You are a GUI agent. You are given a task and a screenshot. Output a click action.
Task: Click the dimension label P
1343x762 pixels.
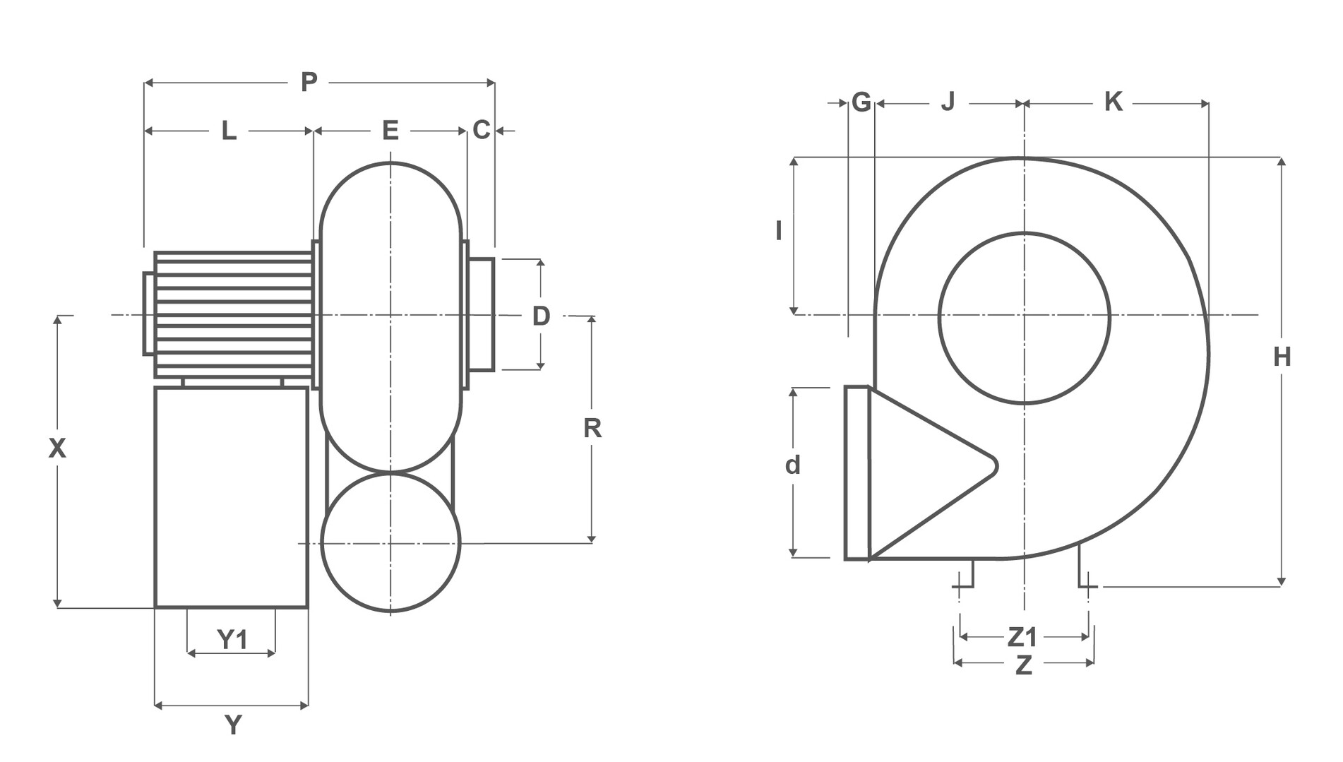tap(309, 83)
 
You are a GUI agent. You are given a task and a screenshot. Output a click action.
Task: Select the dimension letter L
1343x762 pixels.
tap(229, 131)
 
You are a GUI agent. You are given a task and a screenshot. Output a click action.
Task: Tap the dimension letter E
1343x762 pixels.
tap(390, 131)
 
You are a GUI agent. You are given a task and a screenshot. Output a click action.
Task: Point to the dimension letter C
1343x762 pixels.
tap(482, 130)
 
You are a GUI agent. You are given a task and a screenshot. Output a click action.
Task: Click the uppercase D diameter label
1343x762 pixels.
tap(541, 316)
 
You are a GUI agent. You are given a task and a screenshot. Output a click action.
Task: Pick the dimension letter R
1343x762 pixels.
tap(592, 428)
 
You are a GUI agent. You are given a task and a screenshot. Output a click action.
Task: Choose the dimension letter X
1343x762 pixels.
tap(57, 448)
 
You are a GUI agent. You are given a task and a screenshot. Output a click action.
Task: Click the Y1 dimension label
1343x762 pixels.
tap(232, 639)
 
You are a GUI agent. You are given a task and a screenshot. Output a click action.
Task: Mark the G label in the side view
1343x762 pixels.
tap(861, 102)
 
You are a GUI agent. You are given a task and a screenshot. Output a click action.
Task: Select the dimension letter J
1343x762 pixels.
tap(948, 102)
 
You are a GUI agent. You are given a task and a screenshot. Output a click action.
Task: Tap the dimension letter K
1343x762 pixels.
tap(1114, 102)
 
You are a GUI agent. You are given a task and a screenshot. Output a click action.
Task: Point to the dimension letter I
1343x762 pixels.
tap(779, 230)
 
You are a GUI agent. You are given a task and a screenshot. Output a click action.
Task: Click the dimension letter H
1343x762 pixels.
tap(1282, 357)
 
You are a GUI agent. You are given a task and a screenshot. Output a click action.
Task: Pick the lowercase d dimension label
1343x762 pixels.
tap(793, 465)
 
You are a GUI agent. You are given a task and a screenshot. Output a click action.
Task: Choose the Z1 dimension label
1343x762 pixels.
tap(1022, 637)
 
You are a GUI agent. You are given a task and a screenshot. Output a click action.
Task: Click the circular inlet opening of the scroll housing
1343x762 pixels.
tap(1024, 233)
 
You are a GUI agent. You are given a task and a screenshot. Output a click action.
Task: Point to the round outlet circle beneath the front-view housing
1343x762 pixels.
tap(390, 474)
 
